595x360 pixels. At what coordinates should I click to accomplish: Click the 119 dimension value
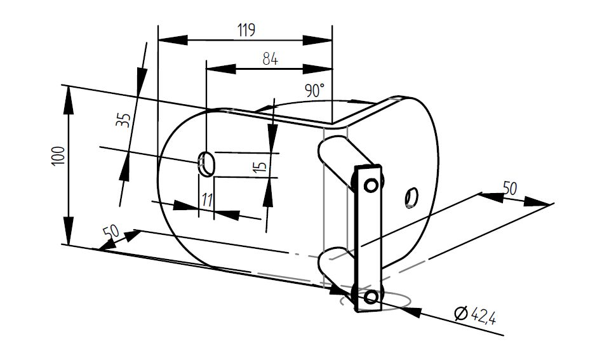(246, 30)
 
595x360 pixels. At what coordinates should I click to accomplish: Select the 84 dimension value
(270, 59)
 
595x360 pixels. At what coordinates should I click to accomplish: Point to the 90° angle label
(315, 90)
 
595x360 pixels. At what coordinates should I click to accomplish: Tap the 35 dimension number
(123, 120)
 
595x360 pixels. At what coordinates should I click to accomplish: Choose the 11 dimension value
(207, 200)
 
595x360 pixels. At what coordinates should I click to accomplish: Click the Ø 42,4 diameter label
(475, 314)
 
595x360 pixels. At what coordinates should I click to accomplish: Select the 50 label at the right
(509, 188)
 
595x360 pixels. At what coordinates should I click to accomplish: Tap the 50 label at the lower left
(111, 232)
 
